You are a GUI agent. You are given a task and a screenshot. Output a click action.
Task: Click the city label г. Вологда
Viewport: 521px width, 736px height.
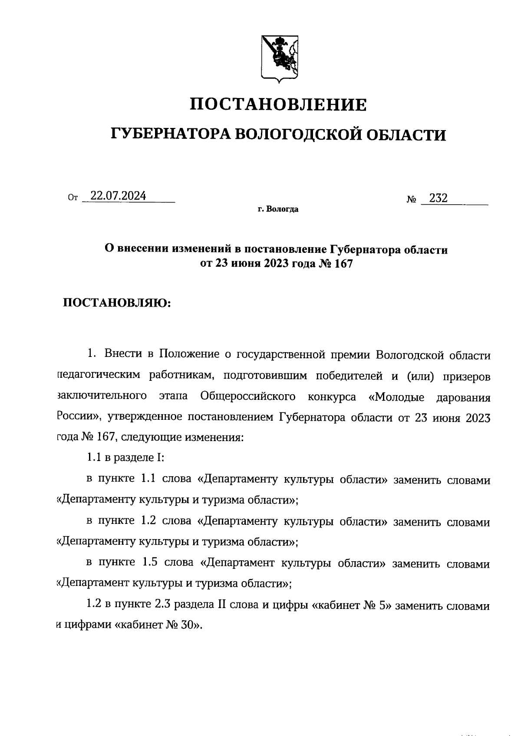(x=278, y=210)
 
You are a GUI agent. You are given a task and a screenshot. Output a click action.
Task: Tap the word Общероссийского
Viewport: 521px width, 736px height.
(x=248, y=396)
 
